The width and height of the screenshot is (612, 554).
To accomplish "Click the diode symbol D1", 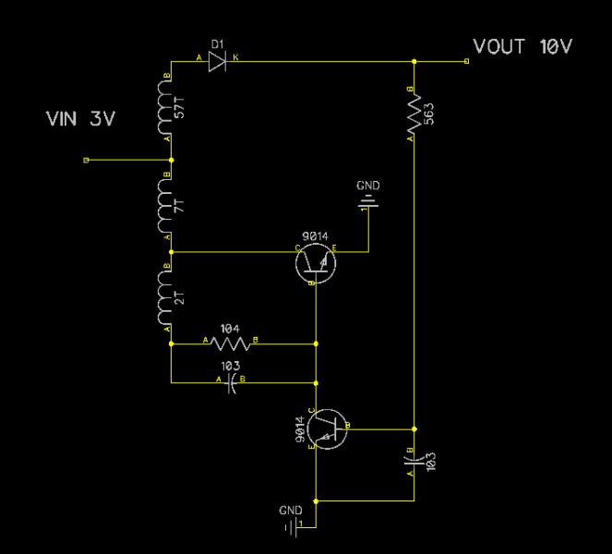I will [217, 61].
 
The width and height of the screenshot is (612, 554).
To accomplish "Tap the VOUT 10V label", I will [522, 46].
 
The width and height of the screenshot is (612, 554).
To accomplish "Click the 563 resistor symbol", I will [414, 115].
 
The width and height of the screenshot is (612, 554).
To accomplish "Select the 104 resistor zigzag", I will [229, 343].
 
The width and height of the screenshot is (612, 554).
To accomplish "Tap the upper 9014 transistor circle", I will [315, 262].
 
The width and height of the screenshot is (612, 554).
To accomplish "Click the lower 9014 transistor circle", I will [327, 428].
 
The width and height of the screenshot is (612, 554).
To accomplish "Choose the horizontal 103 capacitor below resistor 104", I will [230, 379].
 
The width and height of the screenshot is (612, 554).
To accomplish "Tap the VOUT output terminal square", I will [466, 61].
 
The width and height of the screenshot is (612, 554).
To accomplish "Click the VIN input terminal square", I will [86, 160].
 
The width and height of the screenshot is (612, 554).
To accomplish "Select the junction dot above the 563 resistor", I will [414, 61].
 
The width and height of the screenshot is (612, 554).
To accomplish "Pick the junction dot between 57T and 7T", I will [171, 160].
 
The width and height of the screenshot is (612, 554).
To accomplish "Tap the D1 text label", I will [217, 43].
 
